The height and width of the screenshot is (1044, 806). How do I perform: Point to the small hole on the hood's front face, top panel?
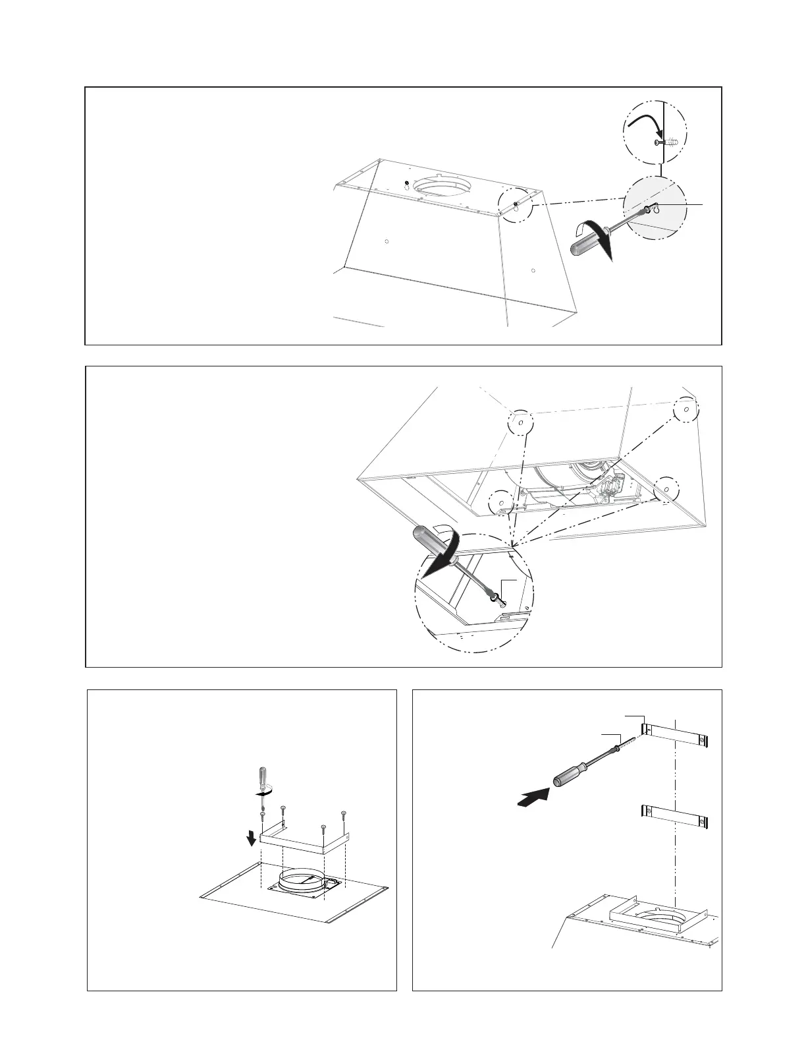point(387,241)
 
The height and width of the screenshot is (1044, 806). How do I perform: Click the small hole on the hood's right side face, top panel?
point(533,270)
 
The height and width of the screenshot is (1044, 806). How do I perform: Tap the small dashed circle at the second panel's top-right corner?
point(685,409)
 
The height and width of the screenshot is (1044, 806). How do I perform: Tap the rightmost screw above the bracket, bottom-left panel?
point(344,816)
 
